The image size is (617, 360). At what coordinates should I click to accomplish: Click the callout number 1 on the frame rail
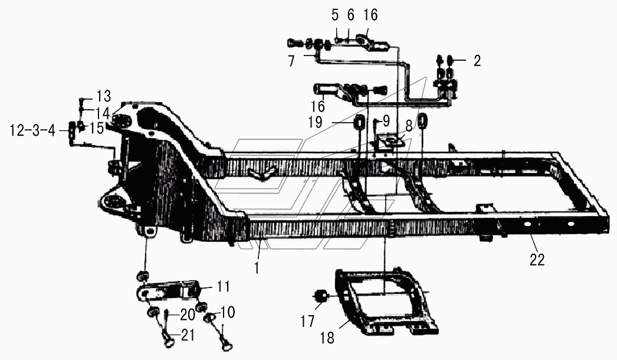tap(257, 267)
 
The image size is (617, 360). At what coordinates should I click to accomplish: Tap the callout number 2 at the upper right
tap(477, 60)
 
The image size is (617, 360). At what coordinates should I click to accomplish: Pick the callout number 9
tap(386, 121)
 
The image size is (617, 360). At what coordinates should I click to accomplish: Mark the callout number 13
tap(103, 95)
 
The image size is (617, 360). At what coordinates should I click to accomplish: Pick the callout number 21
tap(188, 336)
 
